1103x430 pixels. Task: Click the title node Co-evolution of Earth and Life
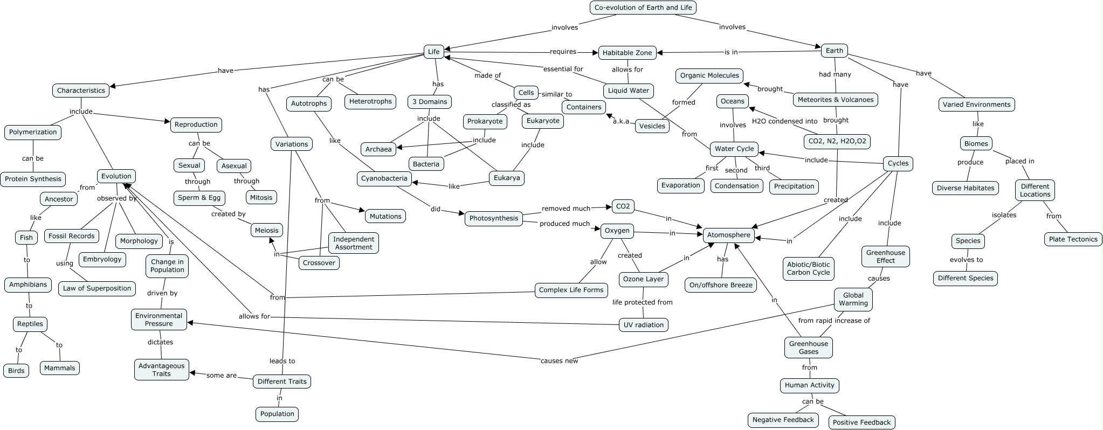click(643, 8)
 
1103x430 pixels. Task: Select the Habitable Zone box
click(627, 52)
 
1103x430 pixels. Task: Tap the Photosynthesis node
click(494, 218)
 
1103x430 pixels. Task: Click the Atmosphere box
click(728, 235)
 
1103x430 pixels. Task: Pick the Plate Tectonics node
click(1073, 239)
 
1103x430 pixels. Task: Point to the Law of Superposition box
click(97, 288)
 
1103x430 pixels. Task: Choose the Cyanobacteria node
click(384, 178)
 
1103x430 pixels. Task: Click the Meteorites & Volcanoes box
click(835, 100)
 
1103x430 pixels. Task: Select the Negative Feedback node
click(783, 420)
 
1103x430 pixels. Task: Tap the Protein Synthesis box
click(33, 179)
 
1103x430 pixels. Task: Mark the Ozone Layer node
click(643, 279)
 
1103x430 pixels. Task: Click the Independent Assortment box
click(353, 243)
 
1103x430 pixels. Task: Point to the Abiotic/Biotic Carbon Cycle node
click(808, 268)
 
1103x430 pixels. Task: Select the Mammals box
click(60, 368)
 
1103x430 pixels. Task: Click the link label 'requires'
click(563, 52)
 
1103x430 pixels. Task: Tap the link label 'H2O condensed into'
click(784, 121)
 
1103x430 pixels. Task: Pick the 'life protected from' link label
click(642, 302)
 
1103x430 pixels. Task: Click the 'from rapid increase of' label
click(834, 321)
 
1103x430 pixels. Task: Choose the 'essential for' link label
click(563, 69)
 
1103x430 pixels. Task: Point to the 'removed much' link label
click(566, 208)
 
